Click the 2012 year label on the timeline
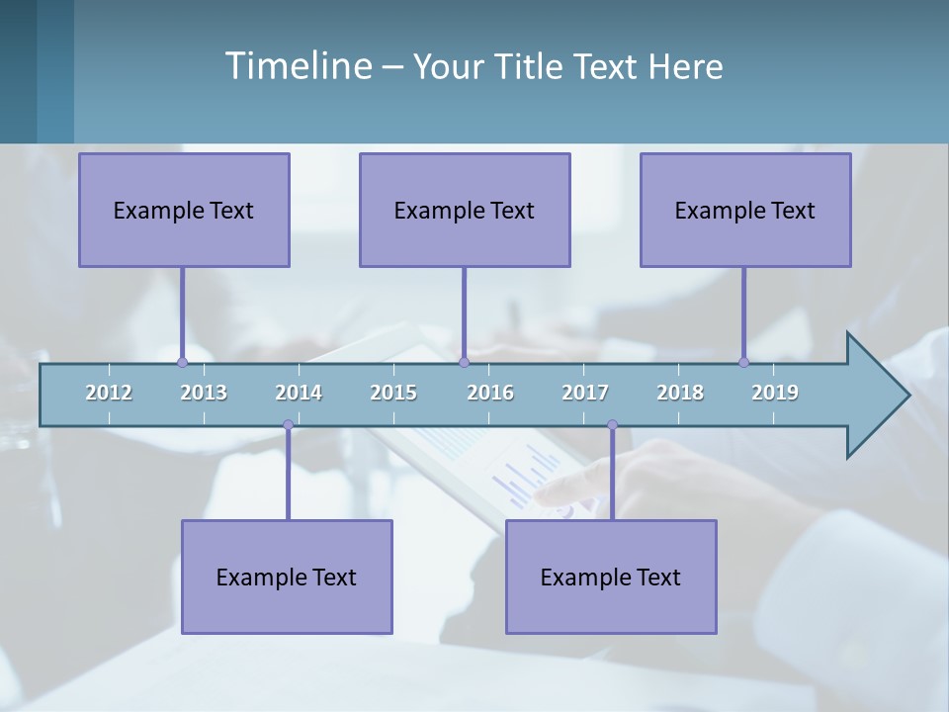(x=109, y=393)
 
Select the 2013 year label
(x=204, y=393)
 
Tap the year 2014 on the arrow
(x=299, y=393)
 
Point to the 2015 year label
(x=393, y=393)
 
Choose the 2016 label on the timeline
(x=490, y=393)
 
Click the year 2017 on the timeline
(x=585, y=393)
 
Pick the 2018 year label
(x=680, y=393)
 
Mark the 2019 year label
(x=775, y=393)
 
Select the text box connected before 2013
(x=184, y=211)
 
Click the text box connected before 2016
(x=465, y=211)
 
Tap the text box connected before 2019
(x=745, y=211)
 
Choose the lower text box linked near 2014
(x=287, y=578)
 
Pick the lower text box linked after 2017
(x=611, y=578)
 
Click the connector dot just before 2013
(x=182, y=363)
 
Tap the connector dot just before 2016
(x=464, y=363)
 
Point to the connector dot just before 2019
(x=743, y=363)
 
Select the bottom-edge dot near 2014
(x=288, y=425)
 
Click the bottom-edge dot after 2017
(x=612, y=425)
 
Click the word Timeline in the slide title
(x=298, y=66)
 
